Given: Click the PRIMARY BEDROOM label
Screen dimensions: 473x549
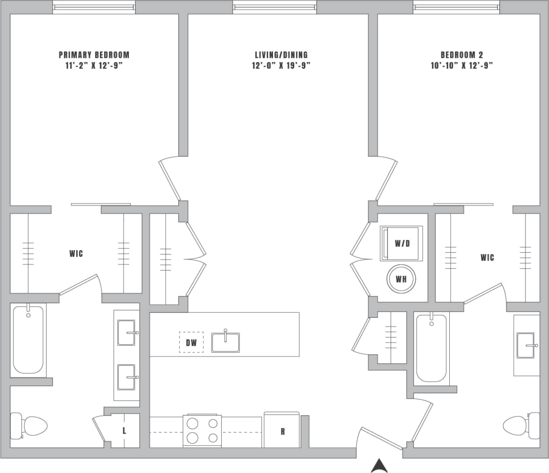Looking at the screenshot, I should (x=94, y=55).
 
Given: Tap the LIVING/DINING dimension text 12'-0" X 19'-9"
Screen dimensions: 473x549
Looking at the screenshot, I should (x=281, y=65).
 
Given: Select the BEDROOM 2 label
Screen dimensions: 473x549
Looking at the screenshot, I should (x=461, y=55).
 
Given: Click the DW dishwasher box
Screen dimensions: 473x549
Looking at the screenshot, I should (x=191, y=343).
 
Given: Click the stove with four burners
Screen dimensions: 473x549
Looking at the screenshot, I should (x=202, y=430).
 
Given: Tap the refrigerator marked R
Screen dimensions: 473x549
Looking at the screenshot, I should (x=282, y=430).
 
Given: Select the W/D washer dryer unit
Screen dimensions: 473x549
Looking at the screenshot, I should (x=402, y=243).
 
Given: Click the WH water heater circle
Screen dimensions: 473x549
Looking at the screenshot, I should (x=401, y=279).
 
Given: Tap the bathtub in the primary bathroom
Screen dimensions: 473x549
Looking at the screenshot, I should (x=28, y=339).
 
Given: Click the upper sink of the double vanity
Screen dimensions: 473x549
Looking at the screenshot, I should (x=127, y=333).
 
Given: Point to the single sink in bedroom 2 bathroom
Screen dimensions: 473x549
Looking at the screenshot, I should (x=526, y=345).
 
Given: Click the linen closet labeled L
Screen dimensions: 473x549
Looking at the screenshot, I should (x=124, y=431).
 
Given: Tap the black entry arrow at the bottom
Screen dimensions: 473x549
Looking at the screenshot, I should (x=379, y=466).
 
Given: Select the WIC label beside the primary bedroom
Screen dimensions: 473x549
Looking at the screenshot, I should (x=76, y=254).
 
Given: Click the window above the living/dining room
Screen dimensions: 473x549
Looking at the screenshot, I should (x=274, y=7).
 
